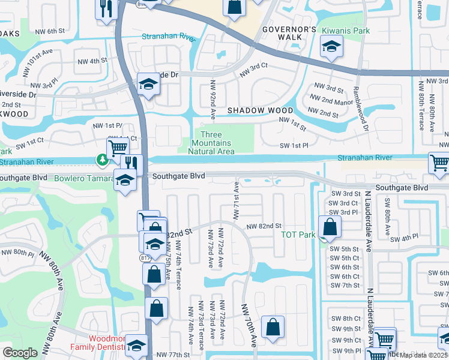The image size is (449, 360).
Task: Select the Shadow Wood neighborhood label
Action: tap(260, 110)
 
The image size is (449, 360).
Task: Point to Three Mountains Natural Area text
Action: tap(211, 143)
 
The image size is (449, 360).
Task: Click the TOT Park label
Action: tap(298, 235)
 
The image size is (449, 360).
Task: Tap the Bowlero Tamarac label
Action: tap(84, 179)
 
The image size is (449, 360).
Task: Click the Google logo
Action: tap(20, 353)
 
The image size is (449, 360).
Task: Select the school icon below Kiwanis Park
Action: tap(330, 47)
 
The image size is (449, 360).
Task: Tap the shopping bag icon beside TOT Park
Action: tap(330, 227)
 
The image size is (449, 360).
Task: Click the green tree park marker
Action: tap(103, 160)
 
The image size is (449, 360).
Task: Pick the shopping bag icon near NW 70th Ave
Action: tap(273, 328)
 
